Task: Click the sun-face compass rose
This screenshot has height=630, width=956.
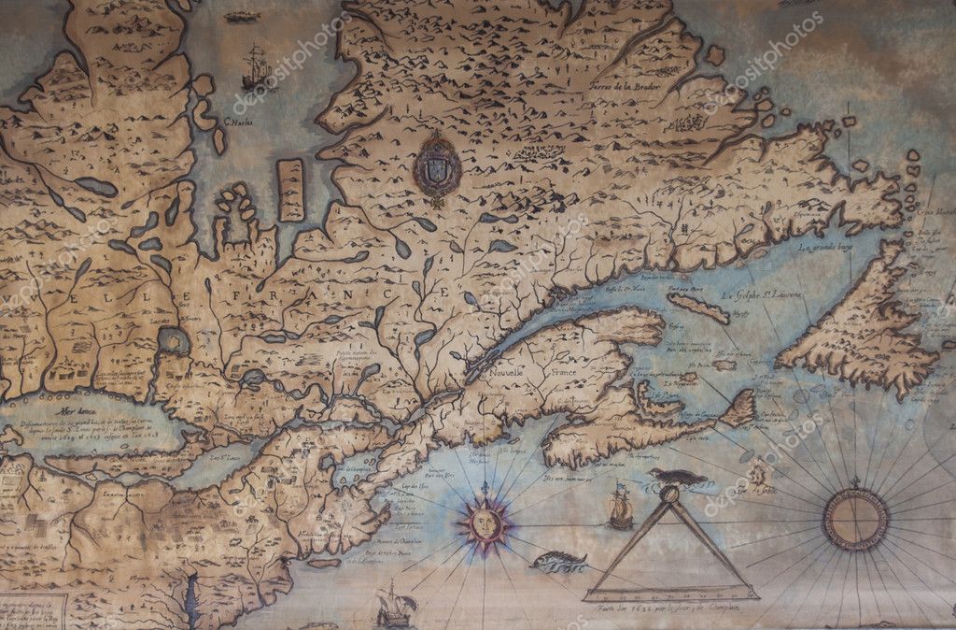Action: click(x=485, y=523)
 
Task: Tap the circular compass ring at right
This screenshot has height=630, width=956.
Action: click(x=854, y=520)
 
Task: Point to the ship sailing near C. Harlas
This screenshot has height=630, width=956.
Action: click(x=255, y=68)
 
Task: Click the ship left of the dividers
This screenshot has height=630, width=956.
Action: click(x=619, y=508)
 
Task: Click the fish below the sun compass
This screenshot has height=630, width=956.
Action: click(x=558, y=561)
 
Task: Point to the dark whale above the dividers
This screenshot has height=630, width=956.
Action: click(x=679, y=478)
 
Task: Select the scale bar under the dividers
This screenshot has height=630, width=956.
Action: click(x=670, y=593)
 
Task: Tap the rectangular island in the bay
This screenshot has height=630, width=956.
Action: click(x=290, y=190)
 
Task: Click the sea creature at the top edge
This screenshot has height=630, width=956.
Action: click(x=243, y=17)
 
